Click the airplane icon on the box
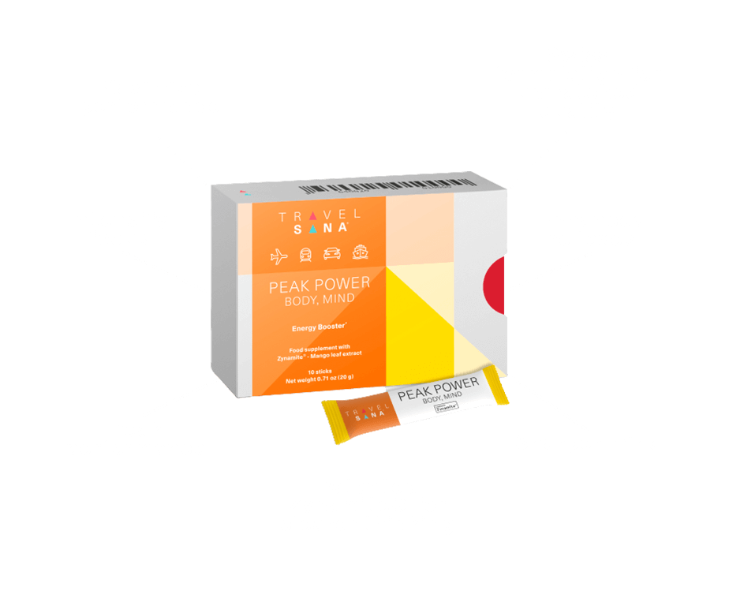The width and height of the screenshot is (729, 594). click(279, 256)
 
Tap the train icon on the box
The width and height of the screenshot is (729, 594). click(305, 256)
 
